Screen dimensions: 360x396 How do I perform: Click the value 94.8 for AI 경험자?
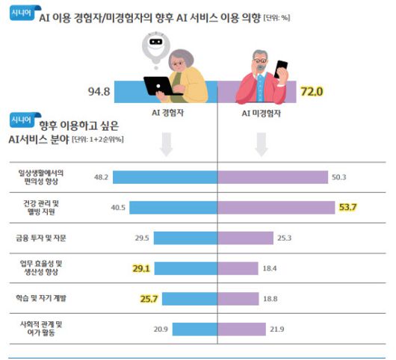pyautogui.click(x=99, y=93)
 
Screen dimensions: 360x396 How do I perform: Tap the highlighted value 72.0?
pyautogui.click(x=312, y=93)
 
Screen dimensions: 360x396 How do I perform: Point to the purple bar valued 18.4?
pyautogui.click(x=238, y=267)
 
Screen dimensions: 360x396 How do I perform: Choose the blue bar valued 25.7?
pyautogui.click(x=189, y=298)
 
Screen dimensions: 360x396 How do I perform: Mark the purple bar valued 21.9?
pyautogui.click(x=241, y=329)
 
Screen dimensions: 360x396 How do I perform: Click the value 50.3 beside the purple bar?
pyautogui.click(x=340, y=177)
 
